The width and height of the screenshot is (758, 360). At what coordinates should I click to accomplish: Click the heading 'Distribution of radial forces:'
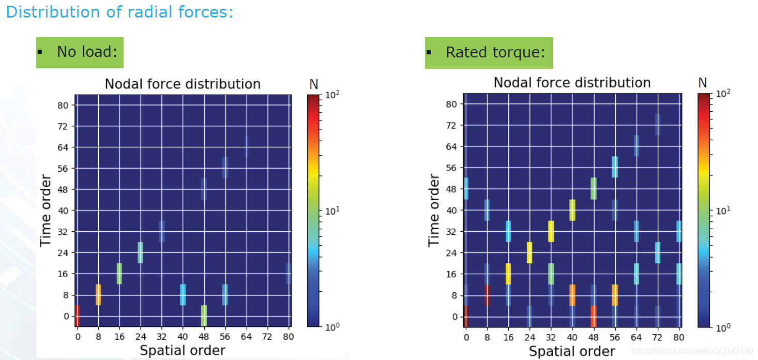[x=119, y=12]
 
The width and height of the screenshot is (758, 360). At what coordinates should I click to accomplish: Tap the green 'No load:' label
[x=80, y=52]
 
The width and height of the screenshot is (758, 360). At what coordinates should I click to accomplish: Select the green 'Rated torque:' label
[x=489, y=53]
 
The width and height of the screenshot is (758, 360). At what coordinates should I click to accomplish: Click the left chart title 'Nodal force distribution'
[x=183, y=84]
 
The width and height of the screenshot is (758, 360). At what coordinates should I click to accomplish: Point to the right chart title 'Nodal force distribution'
[x=572, y=83]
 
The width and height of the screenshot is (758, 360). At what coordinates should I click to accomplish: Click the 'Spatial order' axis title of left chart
[x=183, y=351]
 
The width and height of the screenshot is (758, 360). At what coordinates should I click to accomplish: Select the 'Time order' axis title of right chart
[x=435, y=210]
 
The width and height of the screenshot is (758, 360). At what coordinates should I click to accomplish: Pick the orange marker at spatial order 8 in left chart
[x=98, y=295]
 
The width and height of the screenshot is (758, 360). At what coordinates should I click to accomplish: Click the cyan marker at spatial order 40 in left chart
[x=183, y=295]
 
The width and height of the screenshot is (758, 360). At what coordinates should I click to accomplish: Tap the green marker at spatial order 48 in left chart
[x=204, y=316]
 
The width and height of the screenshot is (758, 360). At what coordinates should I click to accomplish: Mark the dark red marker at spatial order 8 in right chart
[x=487, y=295]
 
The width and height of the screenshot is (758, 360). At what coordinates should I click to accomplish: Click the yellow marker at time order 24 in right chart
[x=529, y=252]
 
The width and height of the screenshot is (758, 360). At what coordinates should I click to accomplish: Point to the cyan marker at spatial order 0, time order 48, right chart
[x=466, y=188]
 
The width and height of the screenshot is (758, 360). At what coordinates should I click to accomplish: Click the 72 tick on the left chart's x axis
[x=267, y=337]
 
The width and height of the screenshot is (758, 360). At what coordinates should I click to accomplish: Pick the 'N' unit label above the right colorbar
[x=702, y=83]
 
